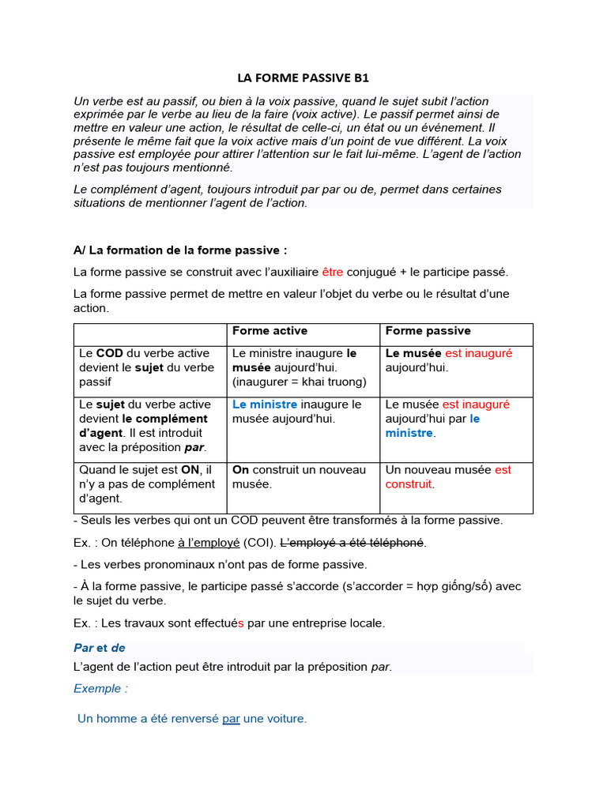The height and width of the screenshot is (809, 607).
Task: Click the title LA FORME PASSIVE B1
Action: click(x=303, y=78)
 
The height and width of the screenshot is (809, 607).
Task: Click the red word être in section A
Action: click(x=332, y=273)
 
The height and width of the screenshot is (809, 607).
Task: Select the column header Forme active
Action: click(x=270, y=331)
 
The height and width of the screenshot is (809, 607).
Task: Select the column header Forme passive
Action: click(x=428, y=331)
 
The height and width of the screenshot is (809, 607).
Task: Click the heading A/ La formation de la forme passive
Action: click(x=180, y=250)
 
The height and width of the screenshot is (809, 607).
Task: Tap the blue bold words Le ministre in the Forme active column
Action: click(x=265, y=404)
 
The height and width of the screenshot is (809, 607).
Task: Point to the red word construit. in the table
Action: click(x=410, y=484)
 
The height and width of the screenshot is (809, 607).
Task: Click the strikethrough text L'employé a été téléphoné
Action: click(x=353, y=543)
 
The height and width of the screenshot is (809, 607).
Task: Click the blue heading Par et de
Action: click(x=100, y=648)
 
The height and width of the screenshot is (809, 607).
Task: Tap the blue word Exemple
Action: click(x=100, y=688)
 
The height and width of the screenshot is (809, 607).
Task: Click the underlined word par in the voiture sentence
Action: click(x=231, y=719)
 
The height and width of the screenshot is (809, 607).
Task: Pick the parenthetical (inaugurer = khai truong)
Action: click(x=300, y=382)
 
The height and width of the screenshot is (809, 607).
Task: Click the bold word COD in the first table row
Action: click(x=110, y=353)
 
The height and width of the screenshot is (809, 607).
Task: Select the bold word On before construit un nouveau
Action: click(x=240, y=470)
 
